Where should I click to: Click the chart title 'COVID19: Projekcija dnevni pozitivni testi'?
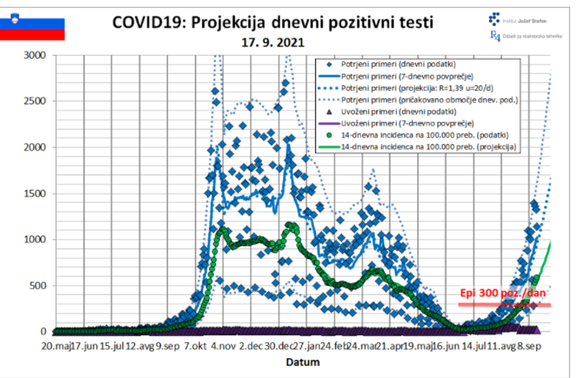(272, 22)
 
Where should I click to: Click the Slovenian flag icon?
(32, 29)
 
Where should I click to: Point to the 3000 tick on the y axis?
(35, 55)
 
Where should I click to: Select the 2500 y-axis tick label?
(35, 101)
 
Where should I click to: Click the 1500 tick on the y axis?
(35, 193)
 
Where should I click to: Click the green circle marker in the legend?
(330, 135)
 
